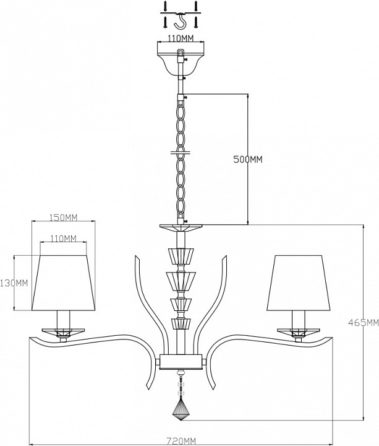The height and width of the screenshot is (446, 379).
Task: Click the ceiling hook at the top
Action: pos(181,21)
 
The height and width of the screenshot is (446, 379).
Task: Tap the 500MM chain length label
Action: pos(248,160)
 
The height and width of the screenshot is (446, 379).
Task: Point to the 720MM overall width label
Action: pos(181,441)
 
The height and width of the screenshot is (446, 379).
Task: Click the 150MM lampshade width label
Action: pos(63,217)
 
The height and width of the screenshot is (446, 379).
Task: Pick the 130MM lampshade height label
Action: pos(14,283)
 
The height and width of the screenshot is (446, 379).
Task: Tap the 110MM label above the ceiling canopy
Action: pos(181,38)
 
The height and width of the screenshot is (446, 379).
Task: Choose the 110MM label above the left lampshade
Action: pos(63,238)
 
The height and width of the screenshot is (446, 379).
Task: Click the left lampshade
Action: pos(63,282)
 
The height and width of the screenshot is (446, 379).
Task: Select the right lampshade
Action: pos(299,282)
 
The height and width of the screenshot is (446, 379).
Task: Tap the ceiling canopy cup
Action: pos(181,63)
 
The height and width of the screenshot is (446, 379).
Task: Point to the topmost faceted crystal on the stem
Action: pos(181,256)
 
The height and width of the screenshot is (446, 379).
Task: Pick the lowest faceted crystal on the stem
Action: pos(181,324)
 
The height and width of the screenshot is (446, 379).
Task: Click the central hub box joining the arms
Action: pos(181,362)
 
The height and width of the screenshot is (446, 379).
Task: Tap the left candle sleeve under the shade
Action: pos(63,320)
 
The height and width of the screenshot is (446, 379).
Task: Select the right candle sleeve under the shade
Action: pos(299,320)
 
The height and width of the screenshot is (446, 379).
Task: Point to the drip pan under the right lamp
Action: pos(299,332)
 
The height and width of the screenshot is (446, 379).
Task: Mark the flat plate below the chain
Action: pos(181,228)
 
